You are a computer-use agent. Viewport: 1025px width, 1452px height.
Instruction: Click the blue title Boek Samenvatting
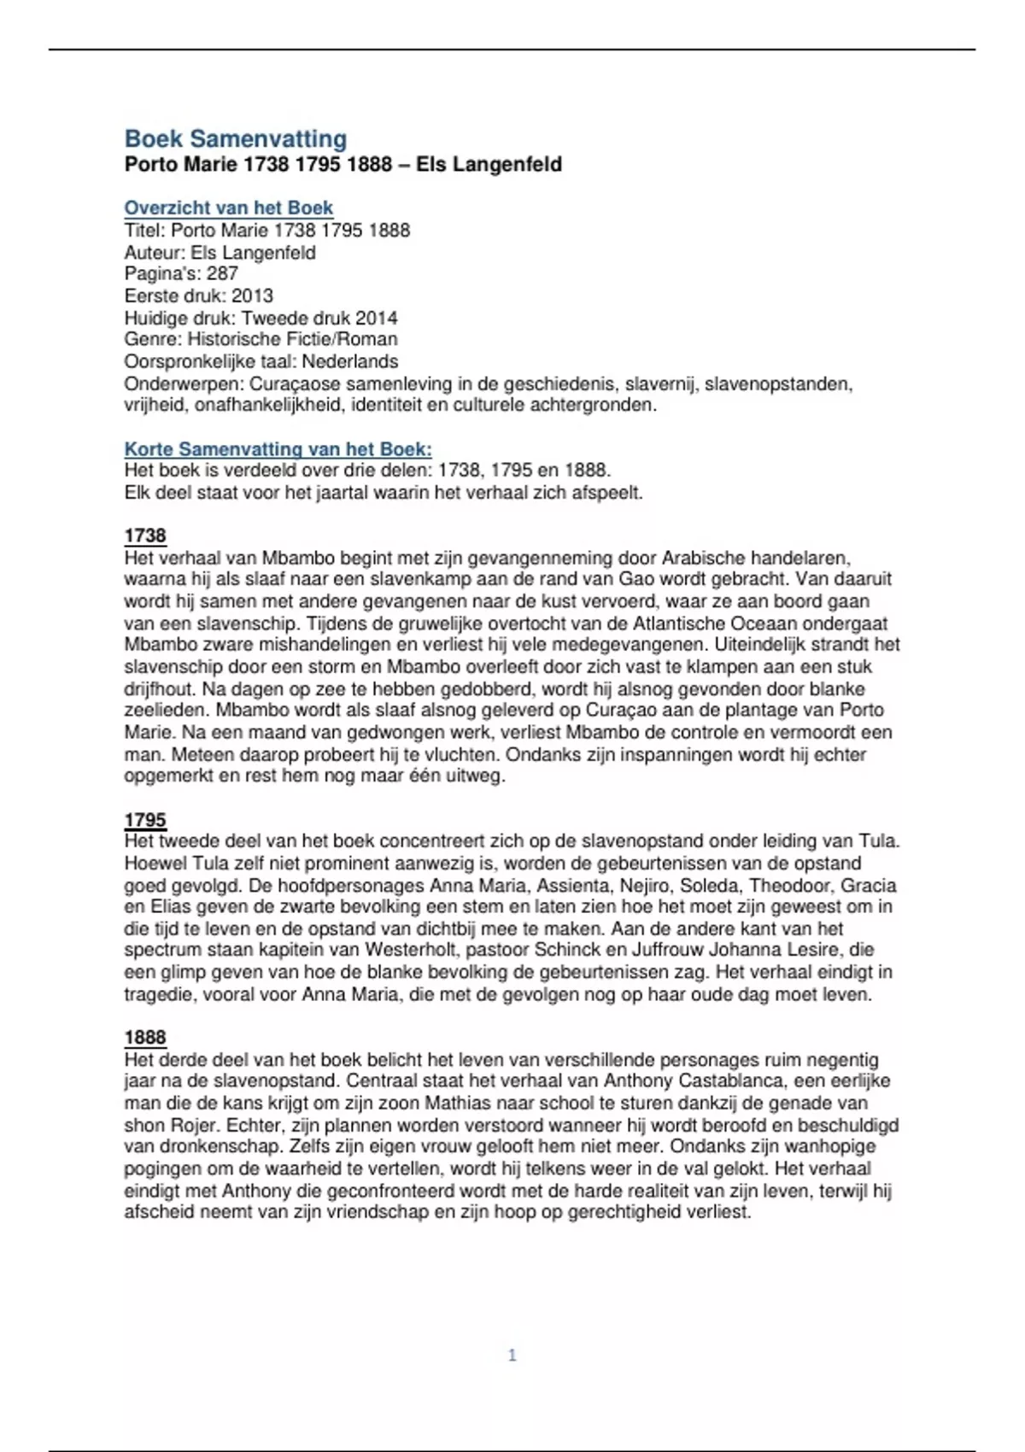tap(236, 138)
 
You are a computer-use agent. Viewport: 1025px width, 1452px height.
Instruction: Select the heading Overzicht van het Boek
tap(228, 208)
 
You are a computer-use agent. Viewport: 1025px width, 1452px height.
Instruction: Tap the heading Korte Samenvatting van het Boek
tap(278, 448)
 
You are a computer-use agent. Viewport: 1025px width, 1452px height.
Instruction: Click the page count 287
tap(222, 273)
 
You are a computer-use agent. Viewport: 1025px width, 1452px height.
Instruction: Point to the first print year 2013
tap(252, 296)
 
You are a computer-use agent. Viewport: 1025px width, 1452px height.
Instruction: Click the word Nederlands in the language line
tap(350, 361)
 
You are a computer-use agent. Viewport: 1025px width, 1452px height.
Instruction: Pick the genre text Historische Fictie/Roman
tap(292, 339)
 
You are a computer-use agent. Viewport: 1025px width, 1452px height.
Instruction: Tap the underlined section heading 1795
tap(145, 820)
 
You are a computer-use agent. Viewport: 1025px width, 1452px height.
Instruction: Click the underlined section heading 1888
tap(145, 1037)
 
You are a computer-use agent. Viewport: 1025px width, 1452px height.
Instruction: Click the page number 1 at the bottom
tap(512, 1355)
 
